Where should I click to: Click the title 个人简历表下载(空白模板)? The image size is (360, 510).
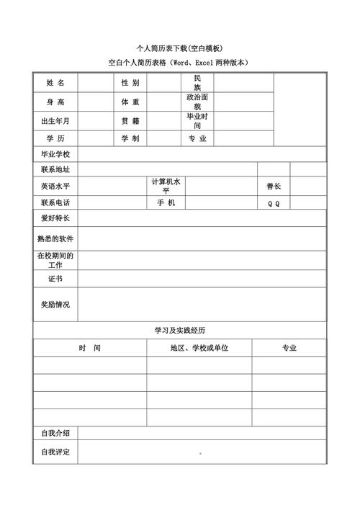(x=179, y=48)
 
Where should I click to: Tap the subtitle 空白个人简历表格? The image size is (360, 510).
(x=179, y=63)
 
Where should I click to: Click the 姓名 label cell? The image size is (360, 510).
(x=55, y=83)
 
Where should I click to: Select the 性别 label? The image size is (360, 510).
(x=130, y=83)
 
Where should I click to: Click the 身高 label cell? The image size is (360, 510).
(x=55, y=102)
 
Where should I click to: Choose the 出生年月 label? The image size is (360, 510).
(x=55, y=120)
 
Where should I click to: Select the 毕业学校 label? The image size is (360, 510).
(x=55, y=155)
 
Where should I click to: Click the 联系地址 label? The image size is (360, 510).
(x=55, y=170)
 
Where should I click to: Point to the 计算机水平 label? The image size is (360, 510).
(x=166, y=187)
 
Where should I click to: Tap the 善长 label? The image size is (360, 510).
(x=274, y=186)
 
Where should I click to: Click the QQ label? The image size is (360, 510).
(x=274, y=203)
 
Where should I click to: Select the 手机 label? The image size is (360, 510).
(x=166, y=203)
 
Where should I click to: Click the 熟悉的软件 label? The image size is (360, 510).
(x=55, y=238)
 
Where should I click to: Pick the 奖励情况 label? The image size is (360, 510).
(x=55, y=305)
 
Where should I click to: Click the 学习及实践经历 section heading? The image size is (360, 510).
(x=179, y=330)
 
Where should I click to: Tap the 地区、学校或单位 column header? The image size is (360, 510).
(x=199, y=348)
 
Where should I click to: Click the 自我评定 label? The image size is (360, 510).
(x=55, y=452)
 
